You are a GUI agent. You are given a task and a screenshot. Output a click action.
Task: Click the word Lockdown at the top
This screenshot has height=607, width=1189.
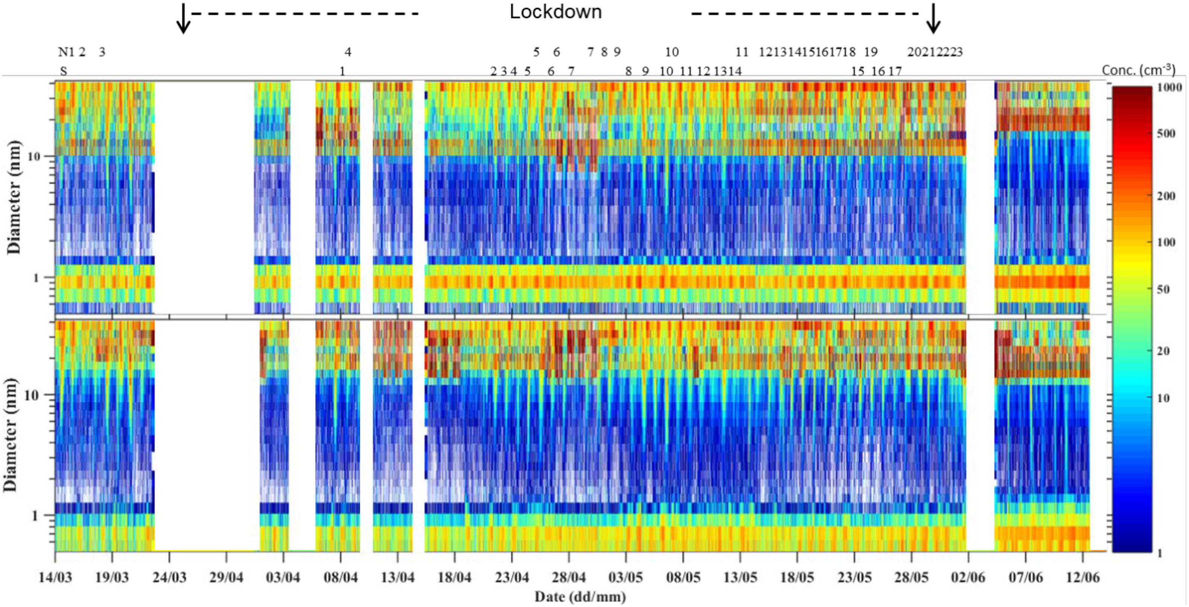[556, 12]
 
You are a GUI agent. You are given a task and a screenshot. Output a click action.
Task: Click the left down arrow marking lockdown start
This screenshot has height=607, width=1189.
[184, 18]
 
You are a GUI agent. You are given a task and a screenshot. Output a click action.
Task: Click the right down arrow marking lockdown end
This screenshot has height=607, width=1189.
[933, 18]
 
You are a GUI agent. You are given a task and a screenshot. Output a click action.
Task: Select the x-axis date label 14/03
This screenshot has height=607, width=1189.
[55, 577]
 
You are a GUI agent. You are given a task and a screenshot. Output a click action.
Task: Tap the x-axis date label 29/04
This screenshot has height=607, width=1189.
[227, 577]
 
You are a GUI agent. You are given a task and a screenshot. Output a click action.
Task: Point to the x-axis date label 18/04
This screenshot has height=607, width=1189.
[455, 577]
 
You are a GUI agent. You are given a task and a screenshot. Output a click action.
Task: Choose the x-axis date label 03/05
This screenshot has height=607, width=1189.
[626, 577]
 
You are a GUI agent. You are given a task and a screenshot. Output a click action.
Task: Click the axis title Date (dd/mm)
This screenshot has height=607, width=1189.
[580, 596]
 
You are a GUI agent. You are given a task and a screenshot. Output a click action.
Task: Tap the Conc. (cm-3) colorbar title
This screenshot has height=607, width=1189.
[1138, 70]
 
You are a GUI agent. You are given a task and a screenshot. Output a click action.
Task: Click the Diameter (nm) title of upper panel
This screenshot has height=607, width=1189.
[14, 197]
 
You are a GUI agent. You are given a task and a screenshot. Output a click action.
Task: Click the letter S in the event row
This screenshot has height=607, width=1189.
[63, 72]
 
